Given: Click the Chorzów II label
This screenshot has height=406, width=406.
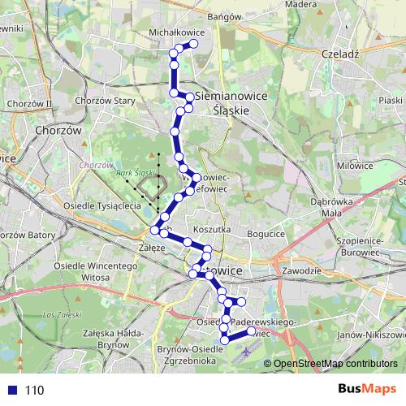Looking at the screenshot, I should (x=28, y=103).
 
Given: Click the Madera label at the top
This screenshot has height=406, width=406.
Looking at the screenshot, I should (x=300, y=4).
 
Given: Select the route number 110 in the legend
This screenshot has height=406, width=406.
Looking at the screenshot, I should (x=34, y=390).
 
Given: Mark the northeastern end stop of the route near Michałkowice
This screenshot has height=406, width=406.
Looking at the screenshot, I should (x=195, y=45).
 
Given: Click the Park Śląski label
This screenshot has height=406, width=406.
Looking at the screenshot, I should (x=135, y=173).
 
